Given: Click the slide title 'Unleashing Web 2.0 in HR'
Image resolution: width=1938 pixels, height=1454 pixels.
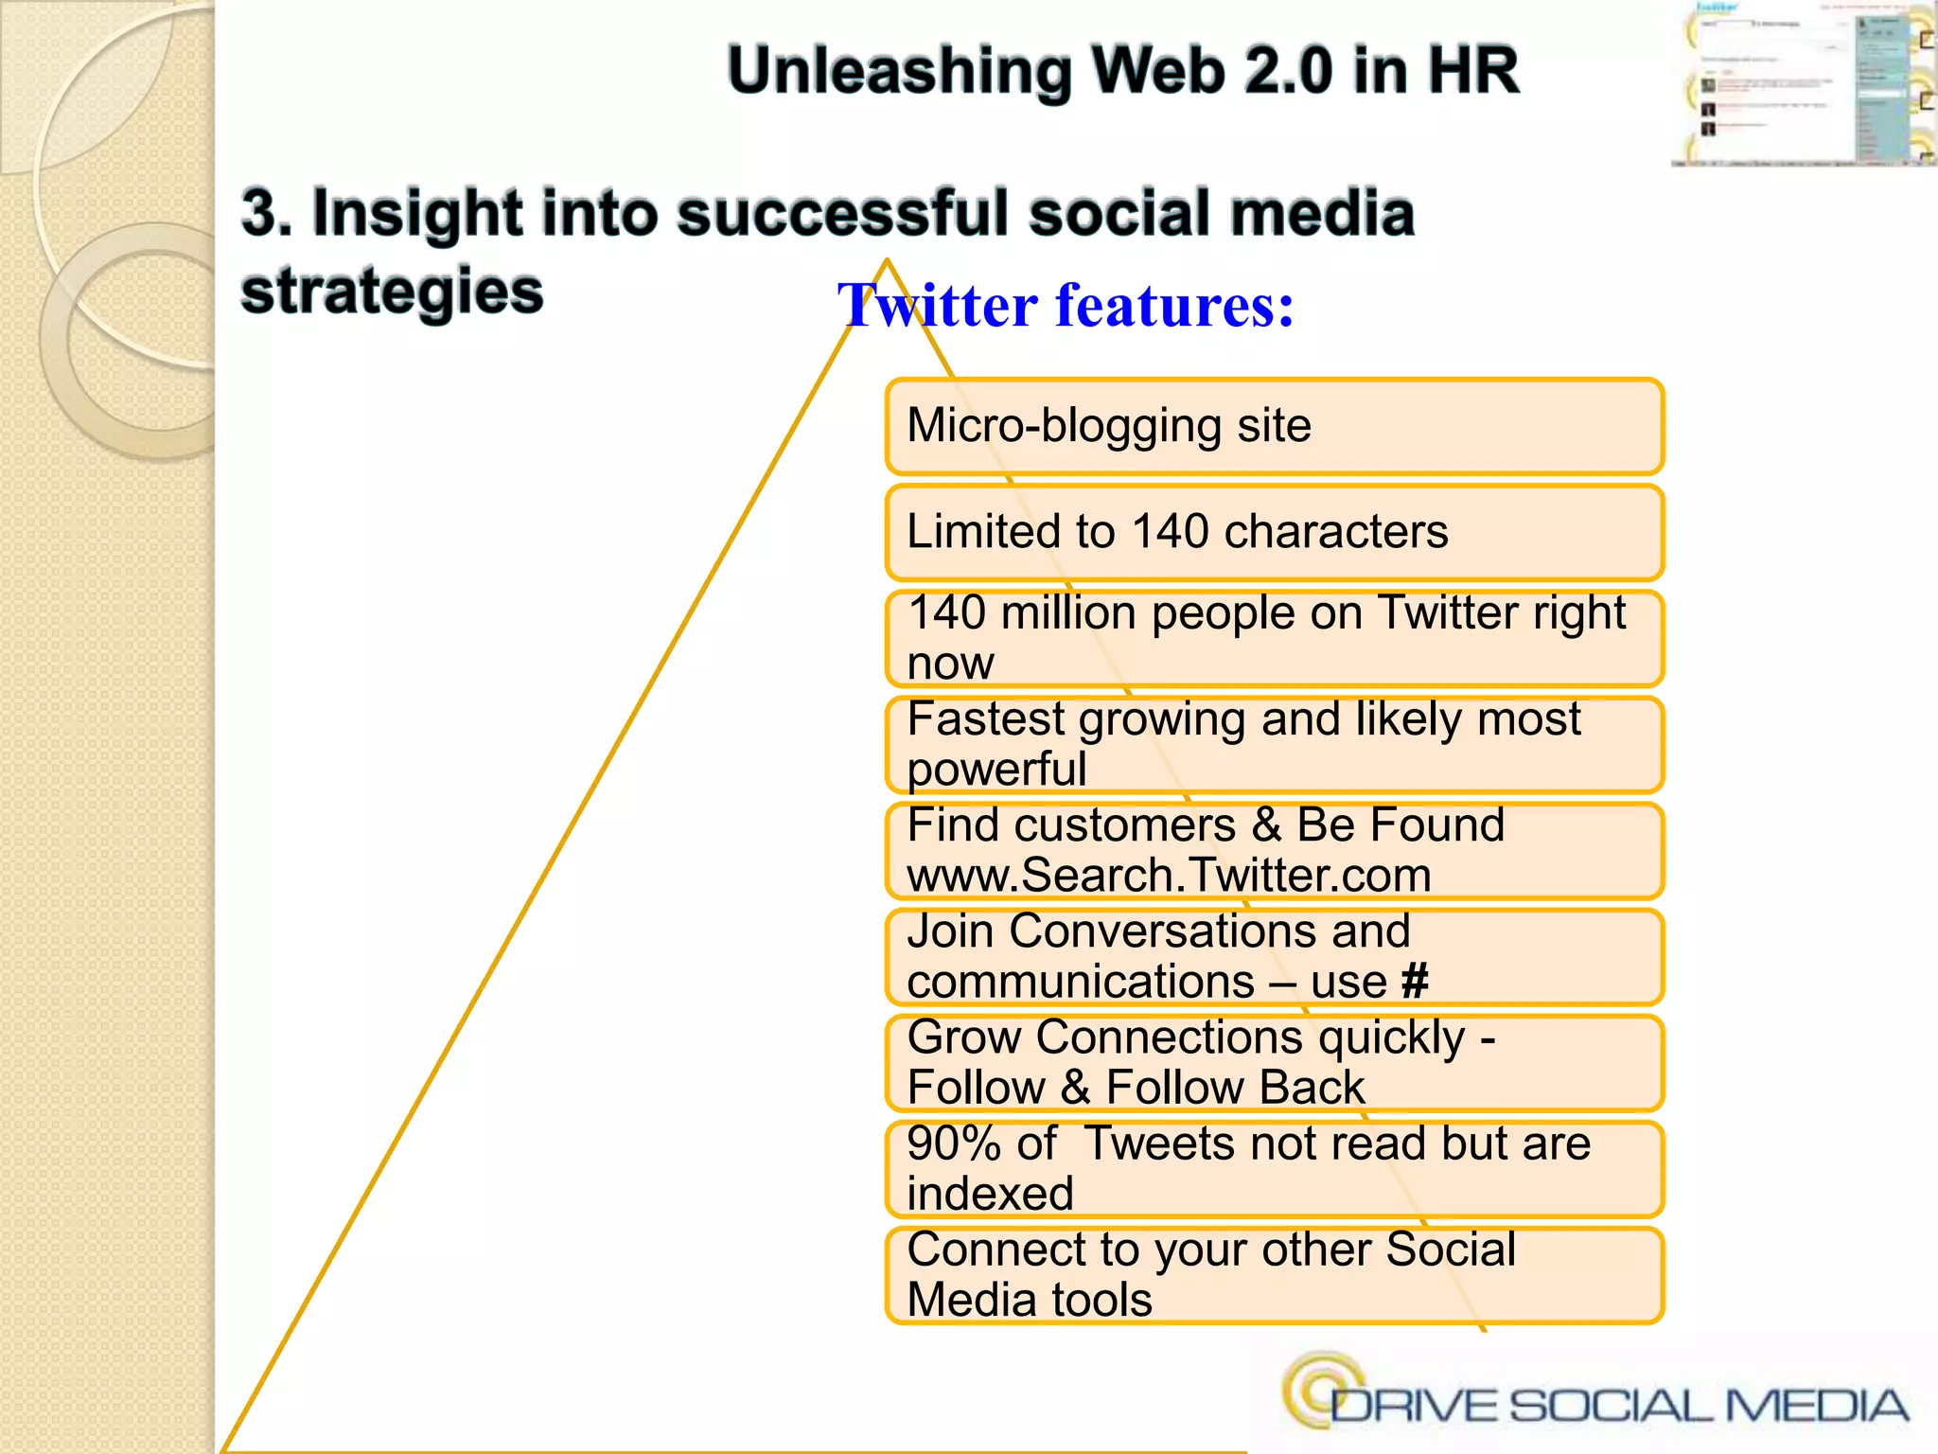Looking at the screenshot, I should [1122, 72].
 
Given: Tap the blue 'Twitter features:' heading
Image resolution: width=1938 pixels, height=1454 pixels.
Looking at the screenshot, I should [1066, 306].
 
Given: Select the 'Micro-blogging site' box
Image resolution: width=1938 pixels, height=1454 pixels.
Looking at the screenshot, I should [1274, 426].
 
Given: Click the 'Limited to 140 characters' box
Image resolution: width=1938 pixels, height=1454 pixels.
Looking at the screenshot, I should [1274, 532].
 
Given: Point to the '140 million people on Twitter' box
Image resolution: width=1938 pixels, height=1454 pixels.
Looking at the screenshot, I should [1274, 638].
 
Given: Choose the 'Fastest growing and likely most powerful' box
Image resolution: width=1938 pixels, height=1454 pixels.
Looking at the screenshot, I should [1274, 744].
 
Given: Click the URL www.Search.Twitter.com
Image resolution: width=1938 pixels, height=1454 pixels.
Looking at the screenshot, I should [1169, 876].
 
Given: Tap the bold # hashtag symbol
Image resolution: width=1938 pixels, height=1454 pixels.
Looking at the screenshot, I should [1415, 982].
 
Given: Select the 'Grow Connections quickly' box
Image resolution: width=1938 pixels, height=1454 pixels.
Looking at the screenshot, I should [1274, 1062].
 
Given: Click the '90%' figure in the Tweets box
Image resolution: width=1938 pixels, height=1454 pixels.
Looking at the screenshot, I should [953, 1144].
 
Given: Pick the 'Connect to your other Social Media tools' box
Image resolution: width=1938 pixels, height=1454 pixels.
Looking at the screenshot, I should [1274, 1274].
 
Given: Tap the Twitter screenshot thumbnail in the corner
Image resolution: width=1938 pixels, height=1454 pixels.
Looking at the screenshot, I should [1804, 83].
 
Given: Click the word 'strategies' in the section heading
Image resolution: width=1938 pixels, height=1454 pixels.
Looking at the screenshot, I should [392, 292].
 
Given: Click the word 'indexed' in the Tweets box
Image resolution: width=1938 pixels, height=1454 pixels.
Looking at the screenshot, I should [990, 1194].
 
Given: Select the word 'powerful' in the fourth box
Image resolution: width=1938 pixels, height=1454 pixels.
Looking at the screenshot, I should [996, 770].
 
